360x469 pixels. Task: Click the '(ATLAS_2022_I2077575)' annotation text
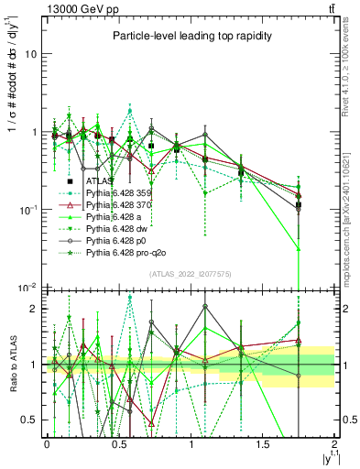point(191,274)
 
